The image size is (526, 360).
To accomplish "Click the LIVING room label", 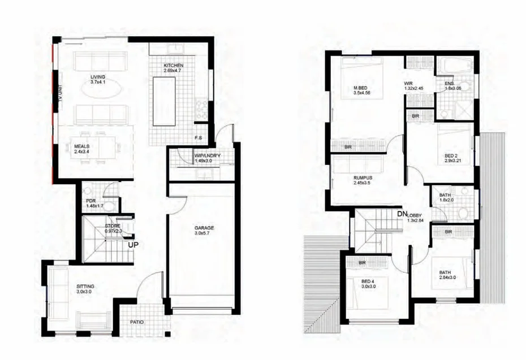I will (x=97, y=76).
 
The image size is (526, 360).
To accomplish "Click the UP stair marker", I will (x=133, y=245).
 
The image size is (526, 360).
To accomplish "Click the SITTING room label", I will (x=85, y=287).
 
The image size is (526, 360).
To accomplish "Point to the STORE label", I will (x=112, y=227).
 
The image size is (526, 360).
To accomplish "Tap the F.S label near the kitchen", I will (x=199, y=137).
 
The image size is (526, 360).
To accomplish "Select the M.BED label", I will (x=361, y=87).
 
